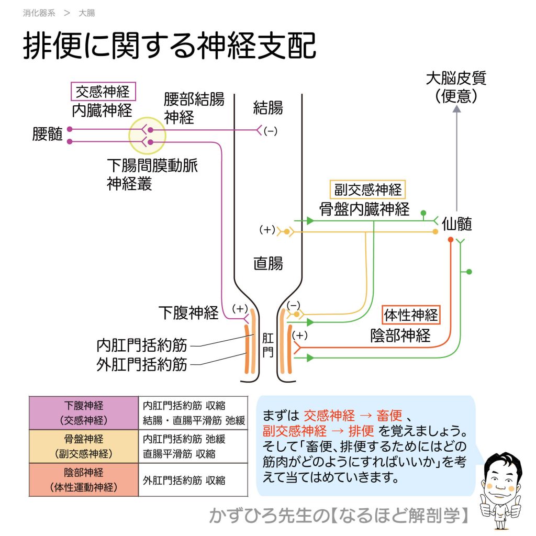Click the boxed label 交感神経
tap(103, 92)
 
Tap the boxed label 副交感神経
tap(367, 189)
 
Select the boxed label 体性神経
tap(411, 315)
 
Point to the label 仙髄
tap(457, 224)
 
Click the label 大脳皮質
tap(456, 79)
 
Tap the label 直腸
tap(268, 263)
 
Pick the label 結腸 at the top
tap(268, 108)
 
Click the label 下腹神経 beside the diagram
tap(188, 313)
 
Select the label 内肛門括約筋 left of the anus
tap(142, 345)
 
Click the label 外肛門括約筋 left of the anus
tap(142, 364)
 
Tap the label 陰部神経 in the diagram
tap(400, 336)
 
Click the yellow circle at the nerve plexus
tap(147, 136)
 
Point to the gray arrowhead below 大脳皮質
tap(456, 109)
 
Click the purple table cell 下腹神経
tap(83, 412)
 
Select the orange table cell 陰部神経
tap(83, 480)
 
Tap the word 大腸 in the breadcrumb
tap(86, 13)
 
